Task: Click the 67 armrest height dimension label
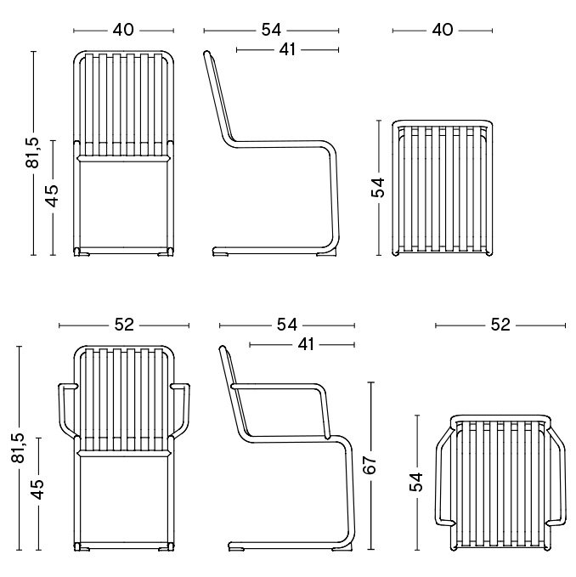click(370, 465)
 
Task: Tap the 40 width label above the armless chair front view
click(123, 30)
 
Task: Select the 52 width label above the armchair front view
click(124, 325)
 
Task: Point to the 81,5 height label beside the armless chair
click(32, 153)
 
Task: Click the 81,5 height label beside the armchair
click(18, 448)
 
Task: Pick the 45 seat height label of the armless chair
click(52, 195)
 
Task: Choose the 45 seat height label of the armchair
click(37, 489)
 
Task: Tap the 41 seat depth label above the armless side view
click(287, 49)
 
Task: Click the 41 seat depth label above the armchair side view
click(306, 344)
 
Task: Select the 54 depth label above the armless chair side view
click(271, 30)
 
